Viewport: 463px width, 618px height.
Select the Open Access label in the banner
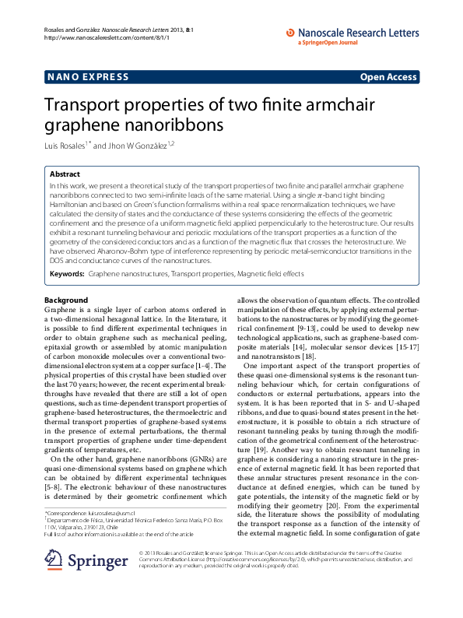[388, 78]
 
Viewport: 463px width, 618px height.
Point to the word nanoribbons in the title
[172, 125]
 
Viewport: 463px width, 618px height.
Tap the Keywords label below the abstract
[67, 275]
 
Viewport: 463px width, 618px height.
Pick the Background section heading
[66, 300]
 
